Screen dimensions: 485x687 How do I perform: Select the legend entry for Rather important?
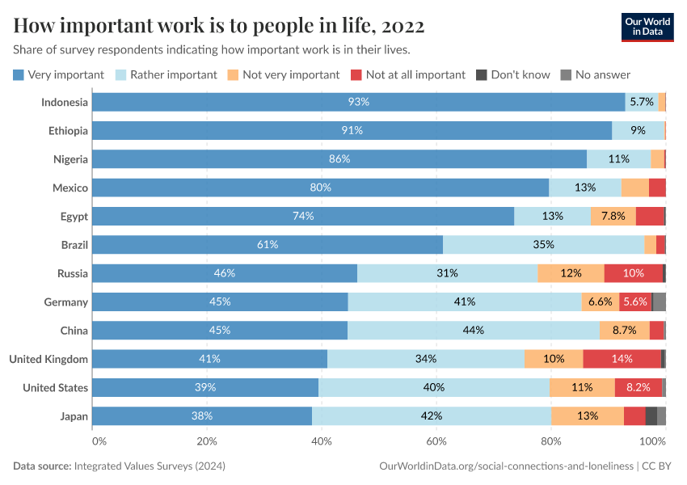173,74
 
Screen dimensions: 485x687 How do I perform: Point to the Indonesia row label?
65,102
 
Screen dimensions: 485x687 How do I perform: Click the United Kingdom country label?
48,359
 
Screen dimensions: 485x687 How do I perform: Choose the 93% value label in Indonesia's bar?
358,102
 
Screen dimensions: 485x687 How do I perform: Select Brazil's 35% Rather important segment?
543,245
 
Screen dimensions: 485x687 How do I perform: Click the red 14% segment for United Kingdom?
622,359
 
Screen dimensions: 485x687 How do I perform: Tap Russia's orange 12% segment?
571,273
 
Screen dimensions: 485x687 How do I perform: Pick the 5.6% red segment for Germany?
635,302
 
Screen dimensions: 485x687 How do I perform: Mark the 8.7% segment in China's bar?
624,331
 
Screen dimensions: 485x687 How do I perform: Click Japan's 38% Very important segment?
202,416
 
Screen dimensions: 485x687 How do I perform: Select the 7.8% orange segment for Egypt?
613,217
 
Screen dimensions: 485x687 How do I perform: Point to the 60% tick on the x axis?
436,441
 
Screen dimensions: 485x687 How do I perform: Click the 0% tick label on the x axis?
99,441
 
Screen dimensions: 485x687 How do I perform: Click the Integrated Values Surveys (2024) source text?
150,466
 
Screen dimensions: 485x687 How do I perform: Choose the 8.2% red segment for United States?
638,388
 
